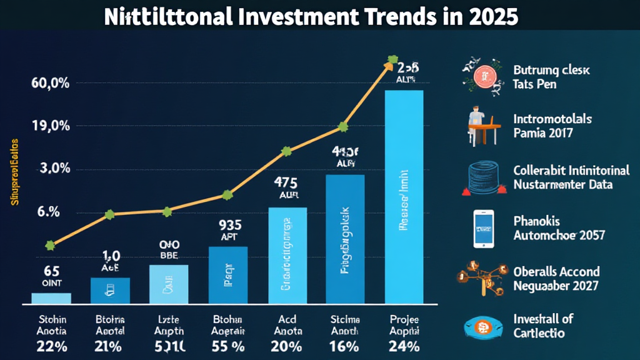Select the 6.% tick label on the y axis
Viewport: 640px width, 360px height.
click(x=48, y=212)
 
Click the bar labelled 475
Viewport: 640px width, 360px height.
click(x=287, y=255)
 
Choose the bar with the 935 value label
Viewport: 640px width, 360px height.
click(x=227, y=275)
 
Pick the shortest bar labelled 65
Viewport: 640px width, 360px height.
click(x=51, y=298)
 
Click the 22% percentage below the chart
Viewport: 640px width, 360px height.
click(x=51, y=346)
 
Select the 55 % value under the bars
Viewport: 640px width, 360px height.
click(x=227, y=346)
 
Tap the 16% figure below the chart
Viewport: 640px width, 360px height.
click(x=344, y=346)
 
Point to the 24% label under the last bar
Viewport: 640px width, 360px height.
click(x=403, y=346)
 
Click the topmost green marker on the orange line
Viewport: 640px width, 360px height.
click(x=392, y=61)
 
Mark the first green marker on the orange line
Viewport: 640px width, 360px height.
click(x=51, y=246)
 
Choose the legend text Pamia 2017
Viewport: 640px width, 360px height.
click(x=543, y=133)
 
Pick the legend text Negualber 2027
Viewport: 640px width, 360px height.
click(x=556, y=286)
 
